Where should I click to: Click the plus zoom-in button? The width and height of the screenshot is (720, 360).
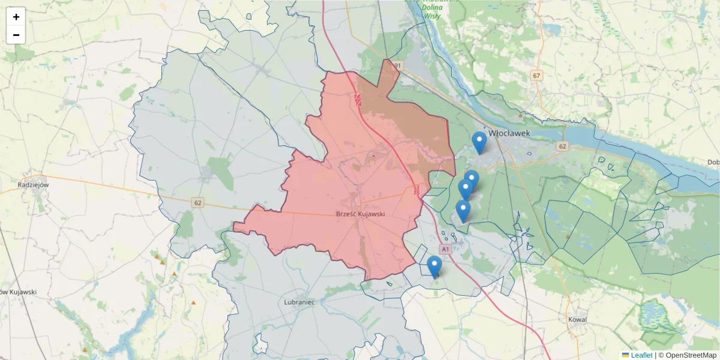[x=16, y=17]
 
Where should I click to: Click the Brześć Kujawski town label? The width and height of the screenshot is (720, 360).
[x=360, y=214]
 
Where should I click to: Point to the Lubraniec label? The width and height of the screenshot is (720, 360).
[x=299, y=302]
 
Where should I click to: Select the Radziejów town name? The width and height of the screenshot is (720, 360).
[x=33, y=185]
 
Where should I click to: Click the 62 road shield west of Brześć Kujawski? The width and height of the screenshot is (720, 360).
[x=198, y=203]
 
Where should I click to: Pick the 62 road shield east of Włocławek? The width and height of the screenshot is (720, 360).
[x=562, y=146]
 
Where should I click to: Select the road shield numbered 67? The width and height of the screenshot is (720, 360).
[x=536, y=76]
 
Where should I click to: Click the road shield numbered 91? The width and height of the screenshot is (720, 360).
[x=397, y=65]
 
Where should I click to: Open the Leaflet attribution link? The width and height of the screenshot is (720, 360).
[x=641, y=355]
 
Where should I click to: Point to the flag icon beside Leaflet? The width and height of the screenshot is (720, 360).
[x=625, y=355]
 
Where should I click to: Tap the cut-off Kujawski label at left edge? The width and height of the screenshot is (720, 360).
[x=18, y=292]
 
